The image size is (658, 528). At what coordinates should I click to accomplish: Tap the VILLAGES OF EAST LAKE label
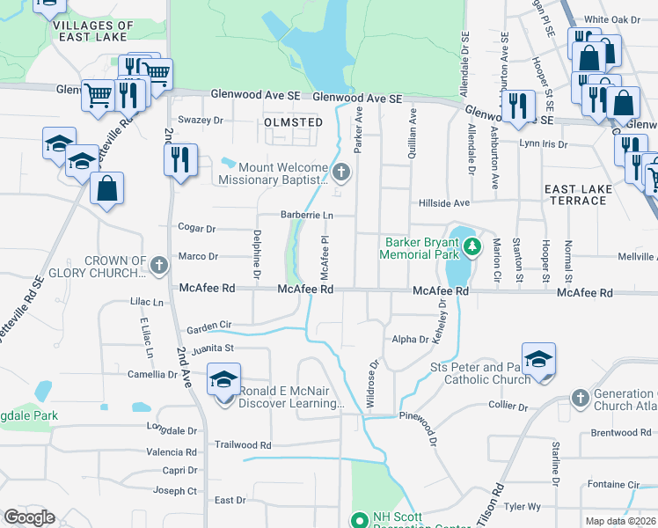93,32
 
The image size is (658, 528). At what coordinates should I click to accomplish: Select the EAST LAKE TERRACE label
575,194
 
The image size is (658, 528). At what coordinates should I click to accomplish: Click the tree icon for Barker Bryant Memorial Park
473,246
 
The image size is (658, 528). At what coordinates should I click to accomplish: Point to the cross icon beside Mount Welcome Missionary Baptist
343,172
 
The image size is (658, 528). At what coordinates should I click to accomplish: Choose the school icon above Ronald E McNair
223,379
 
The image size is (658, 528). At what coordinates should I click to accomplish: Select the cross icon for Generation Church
579,399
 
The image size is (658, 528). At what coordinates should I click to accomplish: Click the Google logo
30,517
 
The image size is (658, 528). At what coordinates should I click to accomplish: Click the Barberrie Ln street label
306,215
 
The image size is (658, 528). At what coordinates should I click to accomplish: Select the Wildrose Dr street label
373,383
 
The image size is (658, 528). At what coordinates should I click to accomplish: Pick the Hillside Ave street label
444,202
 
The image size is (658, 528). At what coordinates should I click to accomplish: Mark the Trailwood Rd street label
243,445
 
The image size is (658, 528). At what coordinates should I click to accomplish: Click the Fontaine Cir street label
613,484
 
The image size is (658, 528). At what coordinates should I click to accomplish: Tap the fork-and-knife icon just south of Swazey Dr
179,159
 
